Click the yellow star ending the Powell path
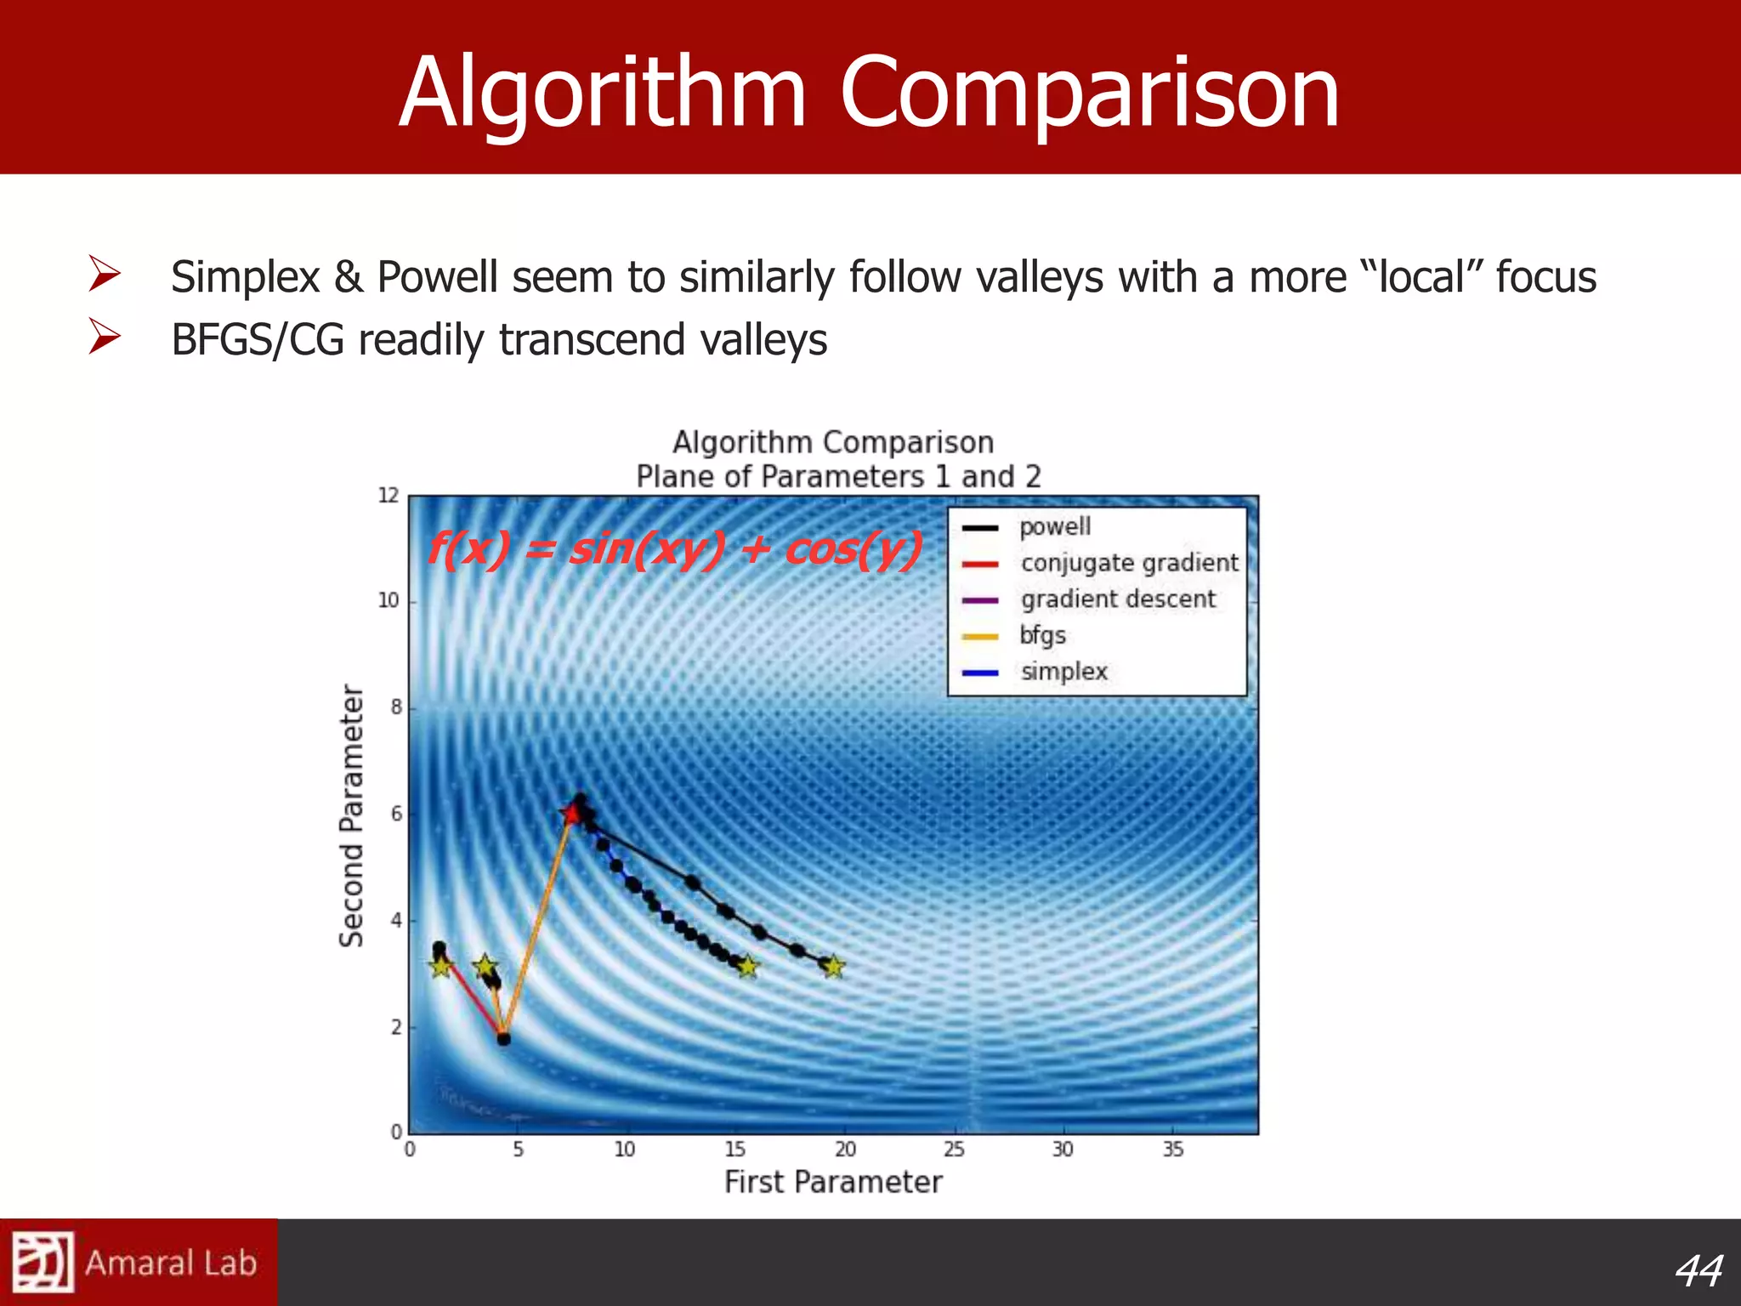pyautogui.click(x=833, y=967)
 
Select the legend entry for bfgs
pyautogui.click(x=1042, y=636)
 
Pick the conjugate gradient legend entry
pyautogui.click(x=1129, y=563)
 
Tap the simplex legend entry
pyautogui.click(x=1063, y=672)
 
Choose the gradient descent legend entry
pyautogui.click(x=1118, y=599)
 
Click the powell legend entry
pyautogui.click(x=1054, y=527)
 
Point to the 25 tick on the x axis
pyautogui.click(x=954, y=1150)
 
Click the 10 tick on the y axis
pyautogui.click(x=388, y=601)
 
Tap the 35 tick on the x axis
pyautogui.click(x=1172, y=1150)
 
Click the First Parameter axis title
pyautogui.click(x=833, y=1183)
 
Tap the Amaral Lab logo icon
pyautogui.click(x=43, y=1262)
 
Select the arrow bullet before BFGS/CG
pyautogui.click(x=104, y=338)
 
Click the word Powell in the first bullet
pyautogui.click(x=437, y=277)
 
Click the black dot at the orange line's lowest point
pyautogui.click(x=503, y=1038)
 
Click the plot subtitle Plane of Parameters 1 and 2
pyautogui.click(x=838, y=477)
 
